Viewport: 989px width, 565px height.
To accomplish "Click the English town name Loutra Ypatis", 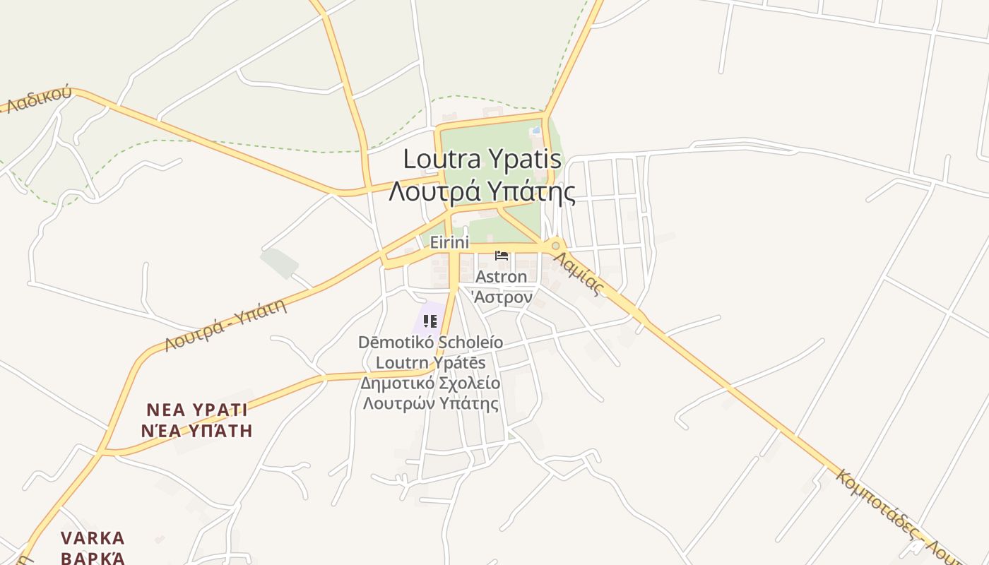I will (482, 160).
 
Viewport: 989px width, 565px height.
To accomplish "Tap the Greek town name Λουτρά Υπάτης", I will (482, 191).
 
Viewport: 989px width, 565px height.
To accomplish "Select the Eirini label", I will (449, 242).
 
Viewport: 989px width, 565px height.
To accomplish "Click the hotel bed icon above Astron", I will (502, 256).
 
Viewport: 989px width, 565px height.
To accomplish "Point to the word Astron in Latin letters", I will (502, 276).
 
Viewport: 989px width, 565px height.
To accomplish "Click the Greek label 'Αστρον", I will (502, 297).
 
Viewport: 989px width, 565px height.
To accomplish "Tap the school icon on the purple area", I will (430, 321).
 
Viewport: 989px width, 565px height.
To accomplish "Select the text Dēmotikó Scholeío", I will (430, 343).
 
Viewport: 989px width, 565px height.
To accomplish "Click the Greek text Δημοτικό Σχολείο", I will (430, 383).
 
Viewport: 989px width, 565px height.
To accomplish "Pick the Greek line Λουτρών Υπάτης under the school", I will (430, 404).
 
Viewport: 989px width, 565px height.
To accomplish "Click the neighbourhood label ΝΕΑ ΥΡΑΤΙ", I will (197, 410).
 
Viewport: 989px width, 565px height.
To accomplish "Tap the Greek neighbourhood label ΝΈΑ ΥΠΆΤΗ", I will (197, 430).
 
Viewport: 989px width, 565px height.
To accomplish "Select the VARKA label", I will (93, 538).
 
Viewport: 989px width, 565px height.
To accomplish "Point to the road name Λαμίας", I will (579, 274).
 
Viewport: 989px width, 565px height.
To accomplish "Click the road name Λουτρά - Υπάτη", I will (225, 326).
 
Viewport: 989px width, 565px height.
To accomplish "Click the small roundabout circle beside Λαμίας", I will (556, 246).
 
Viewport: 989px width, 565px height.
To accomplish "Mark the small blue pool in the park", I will (537, 130).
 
